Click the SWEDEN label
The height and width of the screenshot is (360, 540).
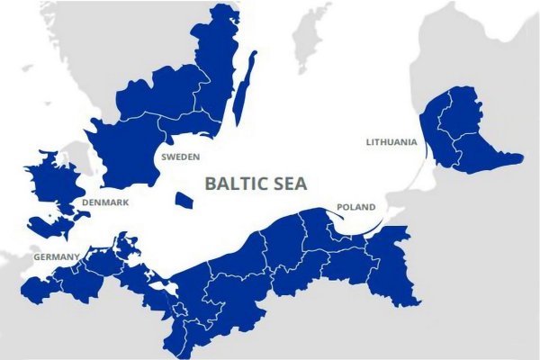coord(180,157)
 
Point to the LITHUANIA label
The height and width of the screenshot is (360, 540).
coord(391,142)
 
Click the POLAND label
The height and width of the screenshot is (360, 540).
coord(355,208)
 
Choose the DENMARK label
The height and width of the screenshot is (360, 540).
coord(105,202)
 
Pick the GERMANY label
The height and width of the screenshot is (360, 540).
coord(57,257)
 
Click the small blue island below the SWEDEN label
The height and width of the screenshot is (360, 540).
coord(184,200)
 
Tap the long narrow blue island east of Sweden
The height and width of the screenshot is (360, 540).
coord(244,88)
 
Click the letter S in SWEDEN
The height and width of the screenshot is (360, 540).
coord(164,157)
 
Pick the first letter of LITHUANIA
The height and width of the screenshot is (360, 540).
coord(368,142)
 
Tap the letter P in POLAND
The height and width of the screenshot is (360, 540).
coord(339,208)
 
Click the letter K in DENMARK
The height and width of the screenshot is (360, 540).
coord(126,202)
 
